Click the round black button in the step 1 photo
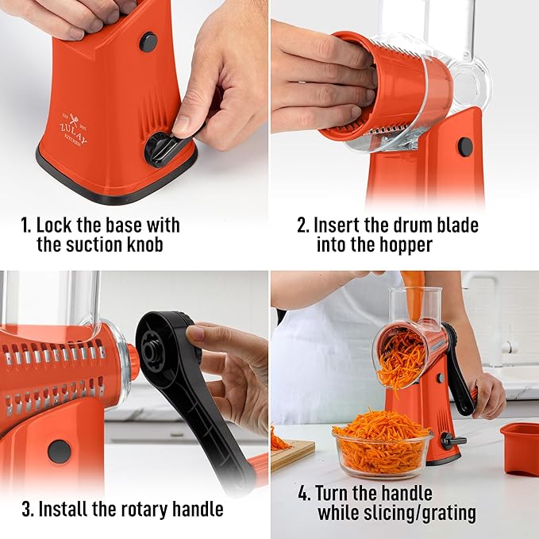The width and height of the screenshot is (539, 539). [148, 42]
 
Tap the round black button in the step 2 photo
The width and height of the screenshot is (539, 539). [465, 147]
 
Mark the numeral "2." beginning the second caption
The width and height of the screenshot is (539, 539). [303, 225]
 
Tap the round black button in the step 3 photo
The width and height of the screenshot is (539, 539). [59, 451]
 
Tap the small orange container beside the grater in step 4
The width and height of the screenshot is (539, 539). [519, 448]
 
